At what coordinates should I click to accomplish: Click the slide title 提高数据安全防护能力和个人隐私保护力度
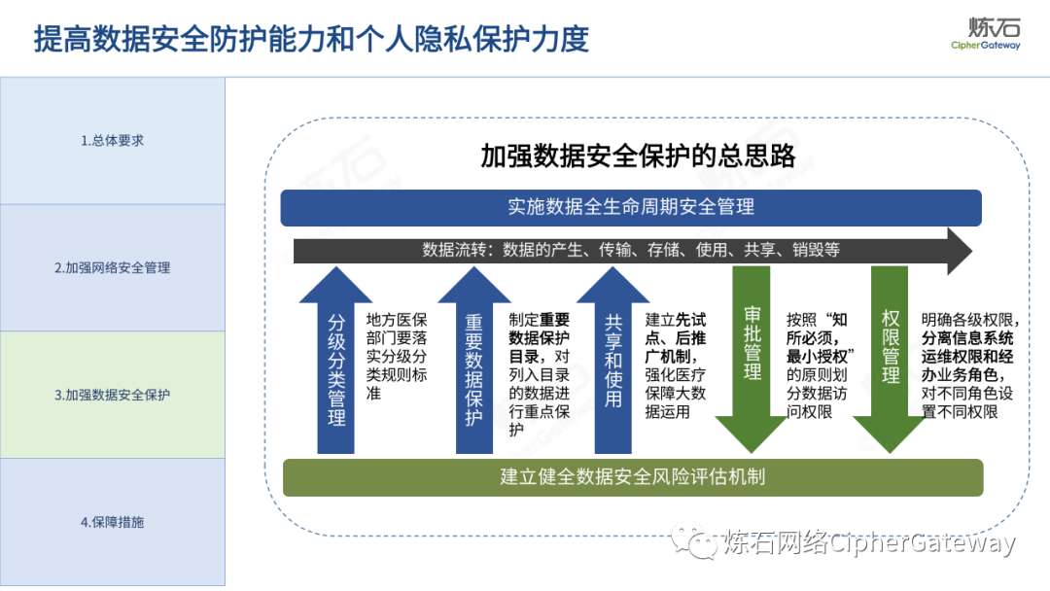pos(311,39)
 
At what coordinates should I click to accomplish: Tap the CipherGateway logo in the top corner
pos(986,32)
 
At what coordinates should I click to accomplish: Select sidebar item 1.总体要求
pos(113,140)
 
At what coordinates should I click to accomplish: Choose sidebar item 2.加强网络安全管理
pos(113,267)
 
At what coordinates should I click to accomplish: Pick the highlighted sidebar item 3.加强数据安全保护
pos(113,396)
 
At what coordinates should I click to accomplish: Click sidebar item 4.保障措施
pos(113,522)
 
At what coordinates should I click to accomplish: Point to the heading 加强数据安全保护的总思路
pos(638,156)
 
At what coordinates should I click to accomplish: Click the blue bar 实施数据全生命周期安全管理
pos(631,207)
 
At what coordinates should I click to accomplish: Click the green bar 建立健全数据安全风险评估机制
pos(633,477)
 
